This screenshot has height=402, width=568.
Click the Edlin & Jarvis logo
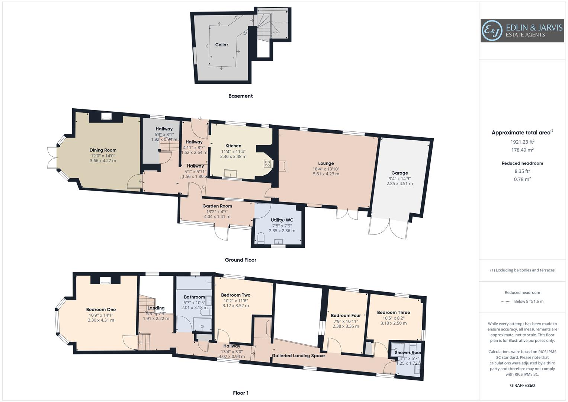522,31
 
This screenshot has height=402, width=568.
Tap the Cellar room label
222,45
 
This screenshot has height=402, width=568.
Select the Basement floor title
240,96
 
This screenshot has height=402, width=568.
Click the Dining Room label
103,150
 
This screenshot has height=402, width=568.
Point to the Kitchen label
233,146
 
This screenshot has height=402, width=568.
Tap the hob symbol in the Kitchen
267,163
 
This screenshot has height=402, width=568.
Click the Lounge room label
326,163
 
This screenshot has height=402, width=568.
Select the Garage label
399,173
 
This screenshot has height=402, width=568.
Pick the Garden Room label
217,206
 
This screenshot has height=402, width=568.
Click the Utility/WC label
282,220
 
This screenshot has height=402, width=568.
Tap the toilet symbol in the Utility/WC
260,238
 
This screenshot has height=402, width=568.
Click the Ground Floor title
240,260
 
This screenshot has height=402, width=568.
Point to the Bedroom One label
101,310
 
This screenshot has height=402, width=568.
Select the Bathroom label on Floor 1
194,297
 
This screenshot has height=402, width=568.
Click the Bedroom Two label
235,295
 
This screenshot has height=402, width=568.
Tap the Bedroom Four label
346,316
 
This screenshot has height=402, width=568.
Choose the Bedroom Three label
393,313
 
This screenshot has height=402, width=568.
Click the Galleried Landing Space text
298,356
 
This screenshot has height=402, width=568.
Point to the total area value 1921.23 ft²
522,142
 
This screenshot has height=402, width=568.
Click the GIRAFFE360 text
522,386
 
